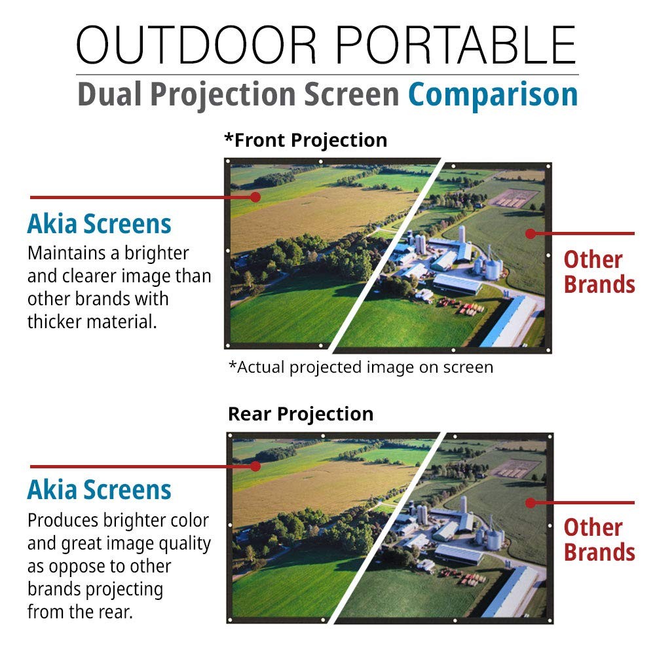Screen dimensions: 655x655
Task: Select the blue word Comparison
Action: tap(493, 94)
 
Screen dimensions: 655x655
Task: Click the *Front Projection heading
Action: tap(305, 140)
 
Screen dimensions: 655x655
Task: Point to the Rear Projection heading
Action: tap(301, 414)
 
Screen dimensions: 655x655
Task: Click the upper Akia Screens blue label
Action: tap(100, 224)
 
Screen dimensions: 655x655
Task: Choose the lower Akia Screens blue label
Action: tap(100, 490)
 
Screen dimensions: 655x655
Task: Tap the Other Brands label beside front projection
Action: tap(599, 272)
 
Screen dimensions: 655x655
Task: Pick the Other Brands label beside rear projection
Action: tap(599, 540)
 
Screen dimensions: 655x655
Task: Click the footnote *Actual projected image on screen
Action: tap(360, 367)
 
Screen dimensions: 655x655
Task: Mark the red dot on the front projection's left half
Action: tap(255, 196)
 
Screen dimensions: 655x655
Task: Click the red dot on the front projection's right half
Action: tap(530, 233)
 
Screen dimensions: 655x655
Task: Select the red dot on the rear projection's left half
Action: tap(255, 466)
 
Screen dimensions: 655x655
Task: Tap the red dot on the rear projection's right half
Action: tap(530, 503)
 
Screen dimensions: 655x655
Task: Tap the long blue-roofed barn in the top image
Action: tap(508, 321)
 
